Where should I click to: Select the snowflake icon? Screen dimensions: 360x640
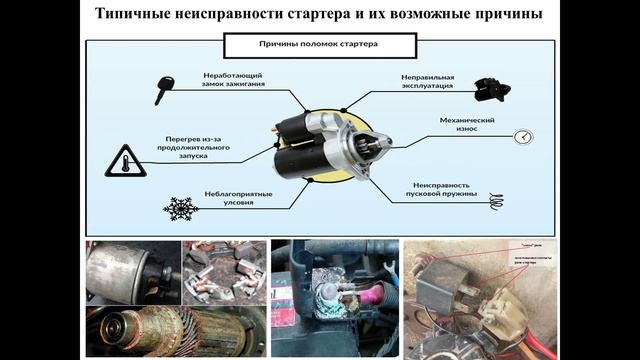click(x=181, y=208)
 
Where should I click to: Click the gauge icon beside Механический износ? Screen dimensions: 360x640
click(x=522, y=137)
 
